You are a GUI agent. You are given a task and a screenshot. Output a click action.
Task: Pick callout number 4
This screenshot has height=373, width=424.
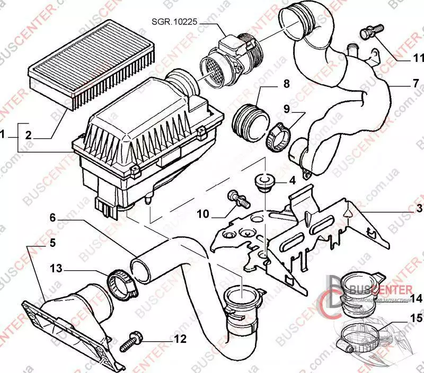(292, 180)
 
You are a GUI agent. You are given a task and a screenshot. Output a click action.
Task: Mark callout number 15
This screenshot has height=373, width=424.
(415, 318)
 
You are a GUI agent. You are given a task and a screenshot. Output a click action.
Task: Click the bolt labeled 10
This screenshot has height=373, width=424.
(237, 198)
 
